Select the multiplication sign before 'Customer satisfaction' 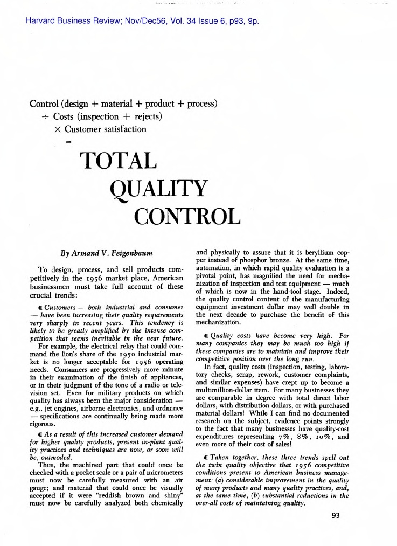click(58, 129)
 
